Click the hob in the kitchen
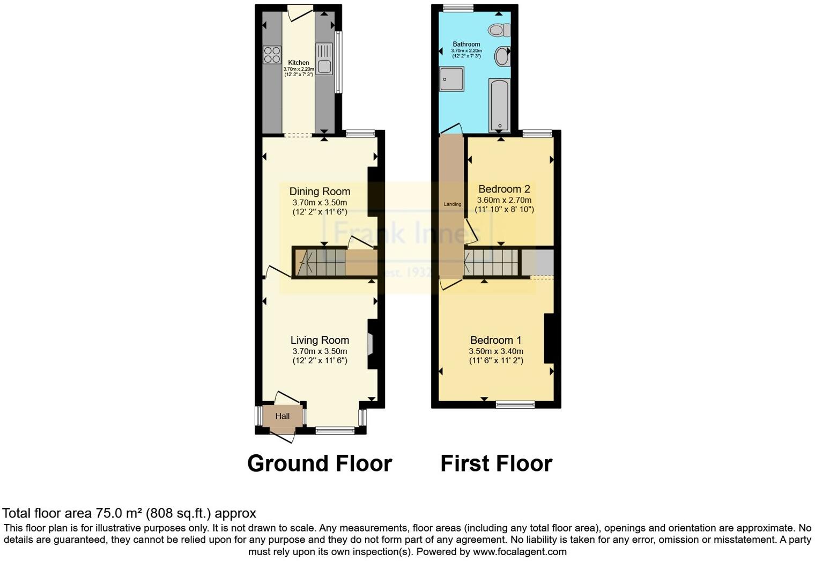(x=272, y=55)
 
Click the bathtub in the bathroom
(x=499, y=105)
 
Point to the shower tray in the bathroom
(x=451, y=79)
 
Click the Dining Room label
(x=320, y=191)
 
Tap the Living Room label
(x=320, y=340)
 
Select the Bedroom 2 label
(x=504, y=189)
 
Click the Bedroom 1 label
(x=496, y=340)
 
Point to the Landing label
(x=453, y=204)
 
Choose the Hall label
(x=283, y=416)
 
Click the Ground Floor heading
(x=320, y=463)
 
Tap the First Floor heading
(x=496, y=463)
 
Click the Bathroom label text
(x=466, y=45)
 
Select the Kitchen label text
(x=298, y=63)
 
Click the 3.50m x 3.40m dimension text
(x=496, y=351)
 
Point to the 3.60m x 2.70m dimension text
(x=504, y=200)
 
